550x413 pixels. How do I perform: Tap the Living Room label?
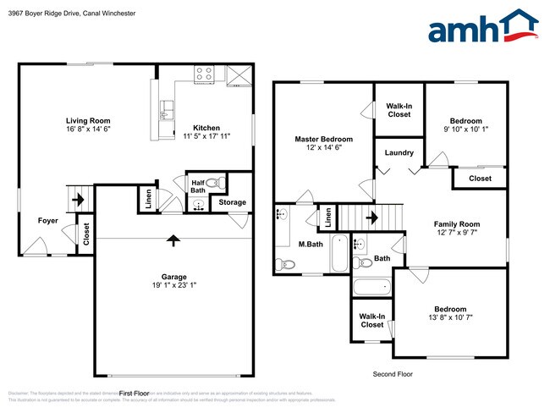coord(88,121)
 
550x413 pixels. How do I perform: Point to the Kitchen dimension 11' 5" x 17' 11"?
coord(206,137)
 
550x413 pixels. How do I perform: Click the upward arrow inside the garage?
coord(173,241)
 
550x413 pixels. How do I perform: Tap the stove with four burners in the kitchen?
coord(205,74)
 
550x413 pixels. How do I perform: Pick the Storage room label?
coord(232,202)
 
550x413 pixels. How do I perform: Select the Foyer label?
coord(48,221)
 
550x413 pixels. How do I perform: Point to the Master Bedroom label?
coord(323,139)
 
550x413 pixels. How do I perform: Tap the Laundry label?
coord(399,153)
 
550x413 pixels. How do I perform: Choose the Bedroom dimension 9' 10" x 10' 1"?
coord(465,129)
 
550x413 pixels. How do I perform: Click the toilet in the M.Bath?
coord(288,264)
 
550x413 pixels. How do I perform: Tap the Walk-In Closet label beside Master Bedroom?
coord(399,111)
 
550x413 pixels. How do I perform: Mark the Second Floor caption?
coord(394,373)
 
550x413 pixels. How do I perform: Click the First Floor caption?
coord(134,394)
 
